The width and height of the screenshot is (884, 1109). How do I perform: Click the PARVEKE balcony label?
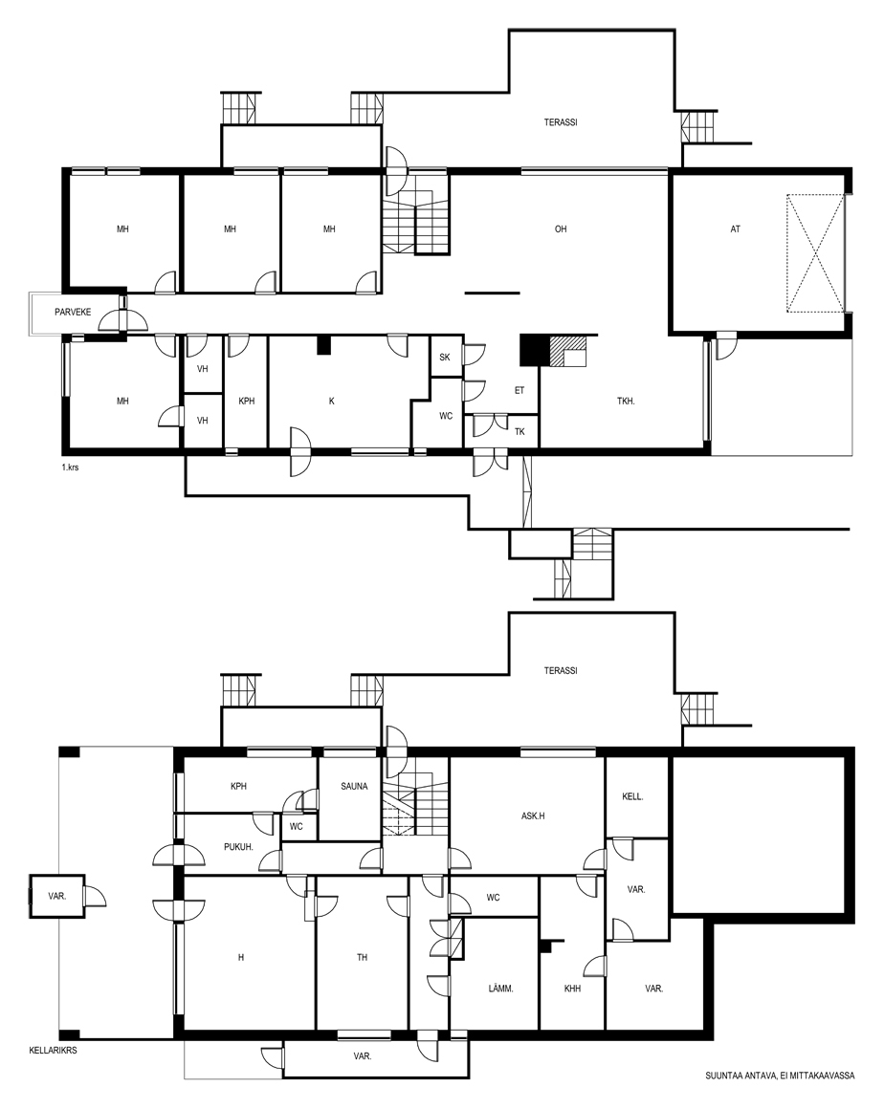(x=73, y=312)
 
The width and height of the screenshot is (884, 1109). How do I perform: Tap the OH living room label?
(x=561, y=229)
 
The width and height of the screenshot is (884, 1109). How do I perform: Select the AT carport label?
(x=736, y=229)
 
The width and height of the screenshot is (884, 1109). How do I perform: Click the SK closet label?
(x=445, y=358)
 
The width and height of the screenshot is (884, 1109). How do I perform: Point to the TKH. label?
(x=626, y=401)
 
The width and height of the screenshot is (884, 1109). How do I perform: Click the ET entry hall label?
(x=519, y=390)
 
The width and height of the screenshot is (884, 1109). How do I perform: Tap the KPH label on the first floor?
(x=246, y=401)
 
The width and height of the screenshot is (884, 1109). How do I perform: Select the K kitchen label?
(x=331, y=401)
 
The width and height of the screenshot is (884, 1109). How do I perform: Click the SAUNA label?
(x=354, y=787)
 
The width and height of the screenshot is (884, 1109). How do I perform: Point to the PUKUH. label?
(x=238, y=847)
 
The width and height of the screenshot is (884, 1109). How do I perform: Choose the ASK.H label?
(x=533, y=816)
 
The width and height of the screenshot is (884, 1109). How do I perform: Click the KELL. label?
(x=632, y=796)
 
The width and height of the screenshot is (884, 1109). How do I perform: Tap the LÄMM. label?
(x=501, y=989)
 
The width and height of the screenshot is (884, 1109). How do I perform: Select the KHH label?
(x=572, y=989)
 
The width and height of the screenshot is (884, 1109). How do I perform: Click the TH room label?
(x=363, y=958)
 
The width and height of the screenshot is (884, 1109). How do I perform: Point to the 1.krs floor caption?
(x=70, y=468)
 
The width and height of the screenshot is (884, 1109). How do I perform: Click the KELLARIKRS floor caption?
(x=53, y=1051)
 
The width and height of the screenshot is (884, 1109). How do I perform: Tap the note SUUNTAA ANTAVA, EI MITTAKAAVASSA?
(x=780, y=1076)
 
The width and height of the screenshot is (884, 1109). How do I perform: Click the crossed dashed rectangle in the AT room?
(x=815, y=253)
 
